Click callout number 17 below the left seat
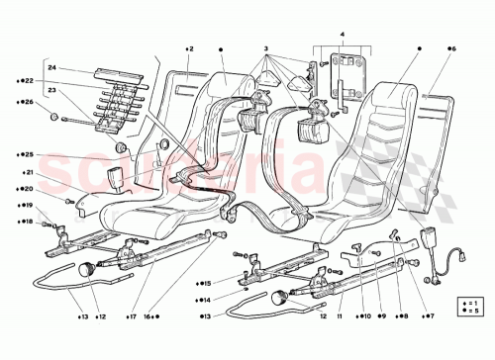coord(131,316)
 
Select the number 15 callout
coord(205,282)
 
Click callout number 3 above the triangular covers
coord(265,46)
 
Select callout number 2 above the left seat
coord(189,46)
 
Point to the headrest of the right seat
coord(401,95)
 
